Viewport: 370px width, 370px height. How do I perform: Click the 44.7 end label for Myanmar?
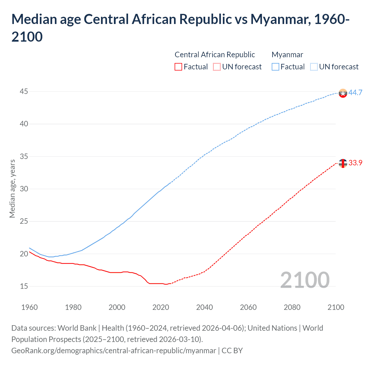coord(355,93)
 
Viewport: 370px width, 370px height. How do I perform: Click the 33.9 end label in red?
coord(355,163)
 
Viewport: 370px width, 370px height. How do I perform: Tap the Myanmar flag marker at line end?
coord(343,93)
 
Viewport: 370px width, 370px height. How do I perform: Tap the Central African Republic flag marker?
coord(343,163)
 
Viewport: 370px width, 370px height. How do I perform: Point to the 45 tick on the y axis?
coord(24,92)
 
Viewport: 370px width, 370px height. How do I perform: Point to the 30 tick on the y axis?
coord(24,189)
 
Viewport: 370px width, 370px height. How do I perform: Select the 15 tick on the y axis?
coord(24,286)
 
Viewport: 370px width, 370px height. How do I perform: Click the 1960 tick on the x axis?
coord(29,307)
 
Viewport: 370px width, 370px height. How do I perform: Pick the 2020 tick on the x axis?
coord(161,307)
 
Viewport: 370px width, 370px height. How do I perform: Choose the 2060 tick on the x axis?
coord(248,307)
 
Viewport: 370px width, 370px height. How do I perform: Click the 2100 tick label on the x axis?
coord(336,307)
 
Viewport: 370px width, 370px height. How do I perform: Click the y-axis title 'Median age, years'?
coord(12,188)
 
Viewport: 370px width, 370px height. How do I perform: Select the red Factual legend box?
coord(178,67)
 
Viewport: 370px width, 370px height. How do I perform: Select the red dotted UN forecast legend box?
coord(217,67)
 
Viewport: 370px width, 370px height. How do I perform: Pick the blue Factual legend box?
coord(275,67)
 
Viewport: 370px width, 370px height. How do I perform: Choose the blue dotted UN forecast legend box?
coord(314,67)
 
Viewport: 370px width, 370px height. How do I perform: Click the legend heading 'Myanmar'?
coord(287,55)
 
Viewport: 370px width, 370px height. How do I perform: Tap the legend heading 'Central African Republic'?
coord(215,55)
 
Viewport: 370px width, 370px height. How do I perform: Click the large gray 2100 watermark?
coord(305,280)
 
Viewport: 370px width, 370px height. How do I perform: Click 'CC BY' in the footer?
coord(232,351)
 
